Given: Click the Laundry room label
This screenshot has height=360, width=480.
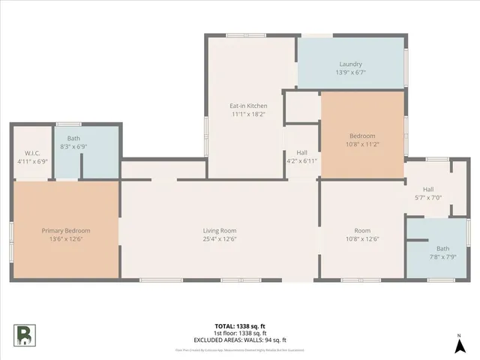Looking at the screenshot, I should (x=350, y=64).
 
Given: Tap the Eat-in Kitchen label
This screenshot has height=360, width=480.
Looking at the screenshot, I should (x=248, y=106).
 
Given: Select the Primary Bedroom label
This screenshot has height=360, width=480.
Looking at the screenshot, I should (x=66, y=230).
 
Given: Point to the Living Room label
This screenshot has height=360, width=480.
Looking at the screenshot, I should (x=219, y=230).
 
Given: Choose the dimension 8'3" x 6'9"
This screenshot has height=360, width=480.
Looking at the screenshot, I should (x=73, y=147).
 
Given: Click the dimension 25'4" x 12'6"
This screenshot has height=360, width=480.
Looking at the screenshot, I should (x=219, y=239).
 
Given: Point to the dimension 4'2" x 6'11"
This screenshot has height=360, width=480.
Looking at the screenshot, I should (x=301, y=161).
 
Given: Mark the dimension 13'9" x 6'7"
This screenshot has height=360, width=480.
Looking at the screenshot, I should (x=350, y=73).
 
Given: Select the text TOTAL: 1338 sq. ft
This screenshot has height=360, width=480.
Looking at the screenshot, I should (x=240, y=326).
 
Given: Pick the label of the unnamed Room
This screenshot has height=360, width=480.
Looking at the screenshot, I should (x=361, y=230).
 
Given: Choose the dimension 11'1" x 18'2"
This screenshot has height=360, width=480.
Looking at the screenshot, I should (x=248, y=115).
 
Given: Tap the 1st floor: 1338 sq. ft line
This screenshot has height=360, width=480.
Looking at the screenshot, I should (x=240, y=333).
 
